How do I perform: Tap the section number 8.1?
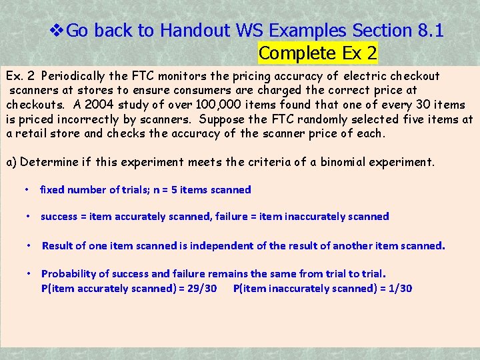(429, 31)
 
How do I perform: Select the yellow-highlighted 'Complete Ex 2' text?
(317, 53)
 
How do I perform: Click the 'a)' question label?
(12, 162)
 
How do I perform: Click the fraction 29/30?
(200, 289)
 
